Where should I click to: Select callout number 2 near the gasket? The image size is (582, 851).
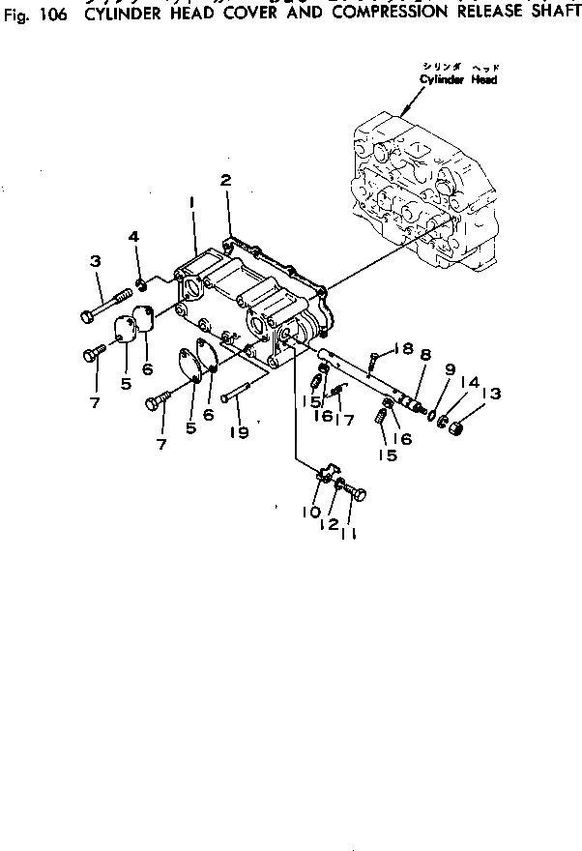click(225, 180)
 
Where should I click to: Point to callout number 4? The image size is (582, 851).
click(134, 236)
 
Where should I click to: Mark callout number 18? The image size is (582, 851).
click(403, 348)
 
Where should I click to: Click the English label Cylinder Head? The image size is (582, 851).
click(458, 80)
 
